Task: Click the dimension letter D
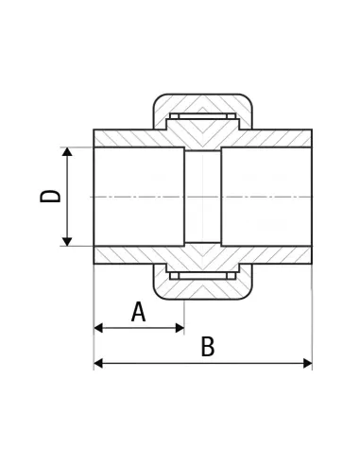pyautogui.click(x=50, y=196)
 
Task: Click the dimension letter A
pyautogui.click(x=139, y=312)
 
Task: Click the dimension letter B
pyautogui.click(x=208, y=347)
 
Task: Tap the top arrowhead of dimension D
pyautogui.click(x=67, y=151)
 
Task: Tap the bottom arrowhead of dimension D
pyautogui.click(x=67, y=242)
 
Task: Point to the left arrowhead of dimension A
pyautogui.click(x=98, y=328)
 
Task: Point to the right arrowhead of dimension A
pyautogui.click(x=180, y=328)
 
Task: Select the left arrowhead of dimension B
pyautogui.click(x=98, y=363)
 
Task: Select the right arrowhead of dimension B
pyautogui.click(x=308, y=363)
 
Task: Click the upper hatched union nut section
pyautogui.click(x=202, y=103)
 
